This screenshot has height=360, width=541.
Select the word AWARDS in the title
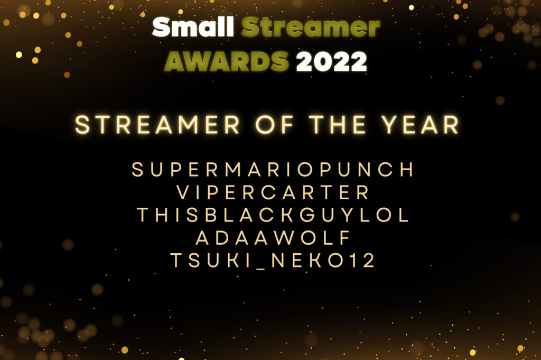227,62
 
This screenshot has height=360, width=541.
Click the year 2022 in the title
331,62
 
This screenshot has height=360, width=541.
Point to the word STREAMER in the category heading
158,125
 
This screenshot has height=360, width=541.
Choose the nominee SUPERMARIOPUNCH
273,170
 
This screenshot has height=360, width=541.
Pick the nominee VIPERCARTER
273,193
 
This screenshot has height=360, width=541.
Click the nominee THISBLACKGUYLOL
273,216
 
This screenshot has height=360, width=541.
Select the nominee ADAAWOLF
273,238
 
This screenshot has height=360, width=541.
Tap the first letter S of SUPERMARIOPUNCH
137,170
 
